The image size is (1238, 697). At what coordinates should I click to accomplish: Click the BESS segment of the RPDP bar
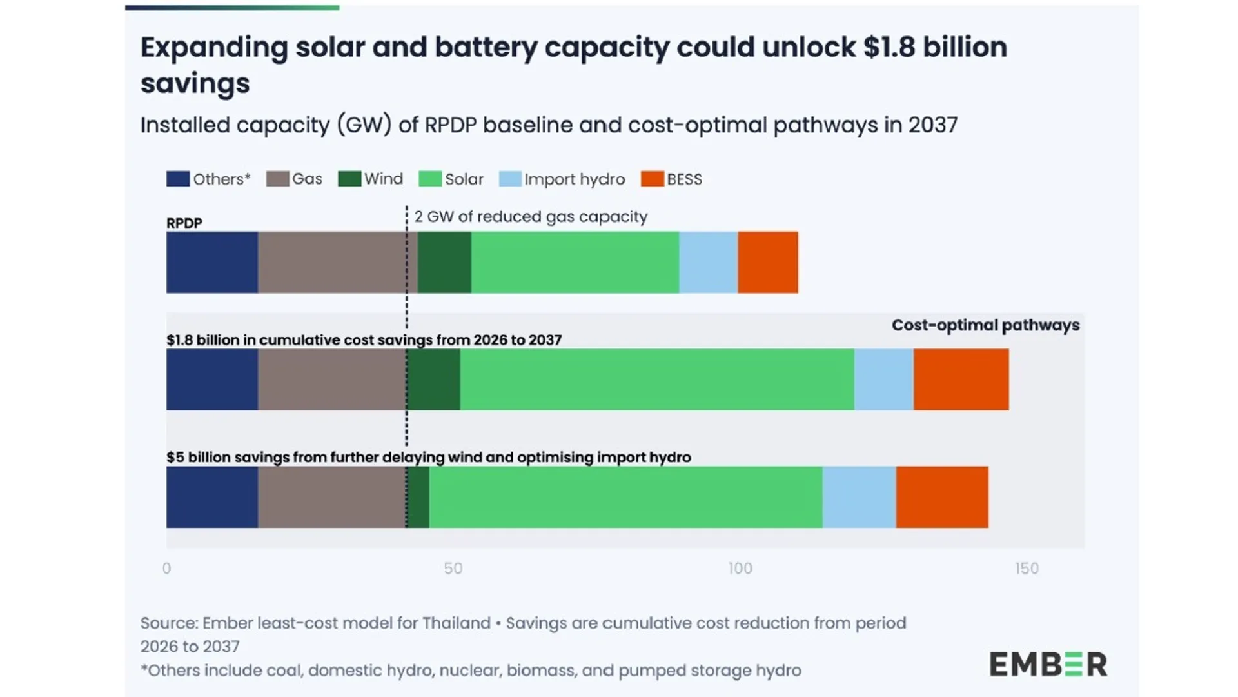pyautogui.click(x=767, y=262)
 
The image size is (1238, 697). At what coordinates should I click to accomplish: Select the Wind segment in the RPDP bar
pyautogui.click(x=444, y=262)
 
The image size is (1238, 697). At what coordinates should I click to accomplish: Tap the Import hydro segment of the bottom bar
pyautogui.click(x=859, y=497)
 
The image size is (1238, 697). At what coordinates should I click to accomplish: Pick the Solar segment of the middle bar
pyautogui.click(x=656, y=379)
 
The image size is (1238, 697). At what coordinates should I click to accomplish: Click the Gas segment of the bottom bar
pyautogui.click(x=332, y=497)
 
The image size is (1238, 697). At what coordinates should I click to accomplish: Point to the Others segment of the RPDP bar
pyautogui.click(x=212, y=262)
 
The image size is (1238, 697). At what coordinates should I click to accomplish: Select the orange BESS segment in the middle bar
pyautogui.click(x=961, y=379)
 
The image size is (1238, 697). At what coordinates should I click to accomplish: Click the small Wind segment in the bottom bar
pyautogui.click(x=418, y=497)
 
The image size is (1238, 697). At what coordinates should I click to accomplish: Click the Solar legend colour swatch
pyautogui.click(x=429, y=179)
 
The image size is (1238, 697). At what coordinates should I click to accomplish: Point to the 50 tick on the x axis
pyautogui.click(x=453, y=569)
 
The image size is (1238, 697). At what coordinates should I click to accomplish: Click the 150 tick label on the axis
pyautogui.click(x=1027, y=569)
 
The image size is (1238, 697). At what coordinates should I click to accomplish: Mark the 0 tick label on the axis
pyautogui.click(x=167, y=569)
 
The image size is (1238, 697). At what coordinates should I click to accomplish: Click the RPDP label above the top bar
pyautogui.click(x=184, y=223)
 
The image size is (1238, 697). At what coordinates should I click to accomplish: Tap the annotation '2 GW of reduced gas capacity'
pyautogui.click(x=531, y=217)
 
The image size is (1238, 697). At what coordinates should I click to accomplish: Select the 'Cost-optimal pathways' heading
pyautogui.click(x=985, y=325)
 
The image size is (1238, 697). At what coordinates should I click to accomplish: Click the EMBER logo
pyautogui.click(x=1048, y=664)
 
